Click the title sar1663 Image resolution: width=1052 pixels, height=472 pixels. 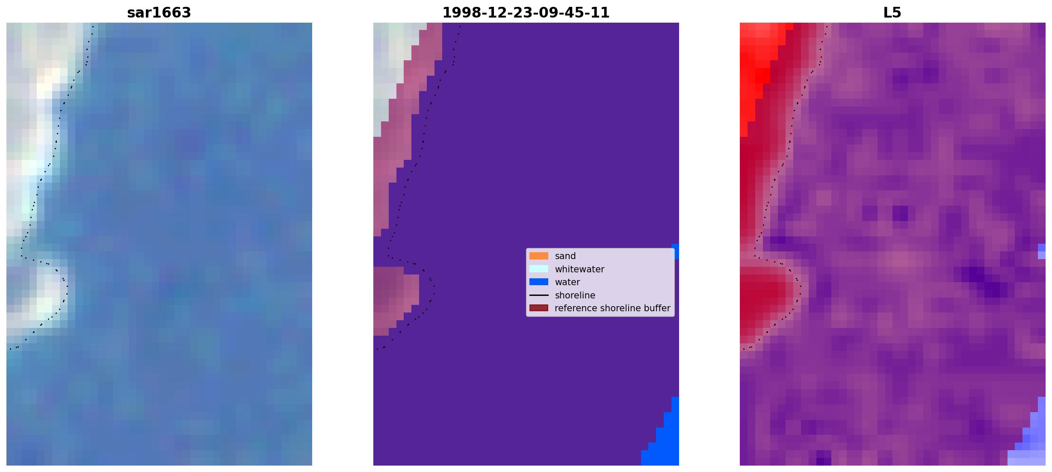point(159,13)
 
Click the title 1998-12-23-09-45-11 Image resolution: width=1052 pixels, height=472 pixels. point(526,13)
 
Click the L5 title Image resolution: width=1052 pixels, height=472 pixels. point(892,13)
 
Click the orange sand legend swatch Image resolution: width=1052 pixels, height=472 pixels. point(539,256)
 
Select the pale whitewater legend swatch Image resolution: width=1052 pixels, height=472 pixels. point(539,269)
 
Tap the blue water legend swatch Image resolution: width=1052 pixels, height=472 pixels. point(539,282)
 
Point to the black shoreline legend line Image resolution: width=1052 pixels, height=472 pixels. point(539,295)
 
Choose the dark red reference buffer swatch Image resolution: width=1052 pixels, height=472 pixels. point(539,308)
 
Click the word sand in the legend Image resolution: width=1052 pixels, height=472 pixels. point(565,256)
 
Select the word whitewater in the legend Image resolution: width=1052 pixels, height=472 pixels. point(579,269)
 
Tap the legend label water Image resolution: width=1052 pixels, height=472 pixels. point(567,282)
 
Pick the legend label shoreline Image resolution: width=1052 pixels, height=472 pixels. point(575,295)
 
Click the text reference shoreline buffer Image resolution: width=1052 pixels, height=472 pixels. point(612,308)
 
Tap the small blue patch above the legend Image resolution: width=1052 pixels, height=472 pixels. point(675,251)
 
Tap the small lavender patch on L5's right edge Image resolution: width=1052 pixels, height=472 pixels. point(1042,251)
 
